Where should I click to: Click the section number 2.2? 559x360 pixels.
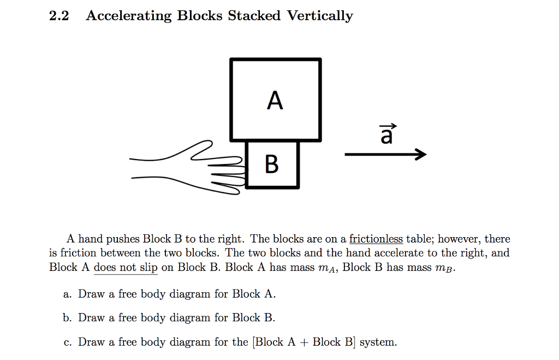(x=58, y=16)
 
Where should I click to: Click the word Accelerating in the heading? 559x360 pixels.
(x=128, y=16)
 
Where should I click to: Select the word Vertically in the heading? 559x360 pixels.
(x=320, y=16)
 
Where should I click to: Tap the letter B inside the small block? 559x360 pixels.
(x=271, y=164)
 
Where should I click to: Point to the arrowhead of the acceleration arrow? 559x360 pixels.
(x=420, y=155)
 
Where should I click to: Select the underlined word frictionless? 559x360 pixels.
(x=376, y=239)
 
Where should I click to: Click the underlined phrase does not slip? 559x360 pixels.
(x=126, y=268)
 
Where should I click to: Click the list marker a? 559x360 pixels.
(x=67, y=294)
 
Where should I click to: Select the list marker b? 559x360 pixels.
(x=67, y=318)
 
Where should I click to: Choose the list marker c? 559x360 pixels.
(x=67, y=343)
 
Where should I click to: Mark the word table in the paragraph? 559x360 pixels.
(x=419, y=239)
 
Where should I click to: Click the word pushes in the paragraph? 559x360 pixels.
(x=123, y=239)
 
